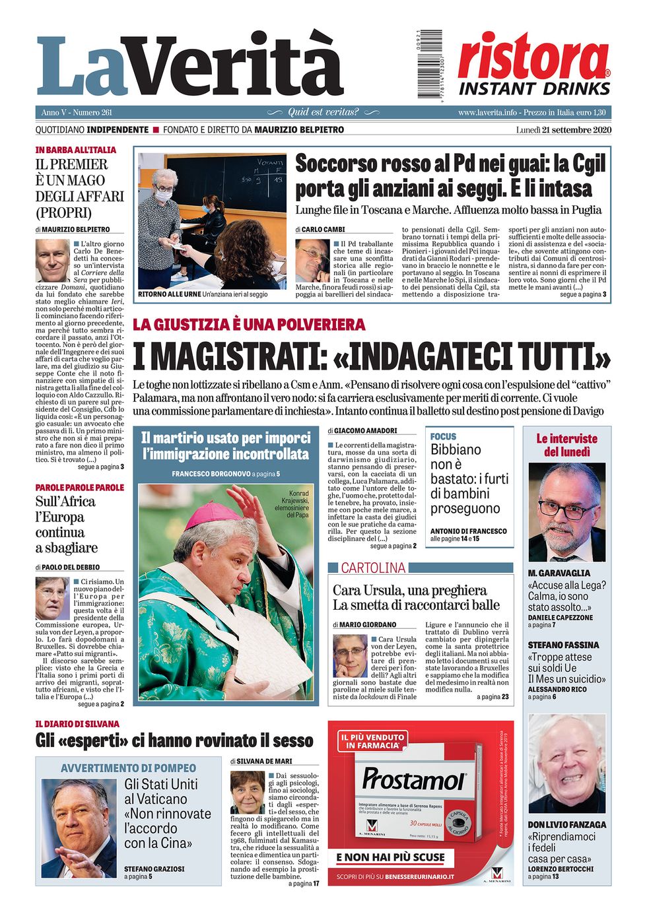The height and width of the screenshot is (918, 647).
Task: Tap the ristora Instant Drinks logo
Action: (534, 65)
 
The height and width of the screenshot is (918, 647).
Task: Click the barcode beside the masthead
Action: (429, 64)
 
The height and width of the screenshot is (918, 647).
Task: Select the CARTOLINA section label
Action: (373, 568)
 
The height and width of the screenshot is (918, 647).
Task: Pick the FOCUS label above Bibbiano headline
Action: (443, 436)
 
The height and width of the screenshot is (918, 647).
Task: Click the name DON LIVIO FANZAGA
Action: (566, 825)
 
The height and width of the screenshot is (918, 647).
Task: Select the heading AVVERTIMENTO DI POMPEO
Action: (128, 768)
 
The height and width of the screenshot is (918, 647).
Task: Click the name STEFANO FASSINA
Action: (563, 645)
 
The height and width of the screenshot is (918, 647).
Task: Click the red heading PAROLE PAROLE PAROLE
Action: (80, 488)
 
